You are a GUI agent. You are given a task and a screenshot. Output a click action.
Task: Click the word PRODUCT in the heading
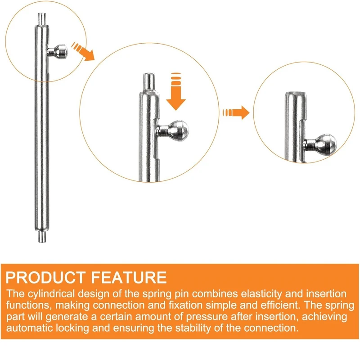45,277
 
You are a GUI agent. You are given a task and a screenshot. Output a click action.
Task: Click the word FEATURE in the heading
129,277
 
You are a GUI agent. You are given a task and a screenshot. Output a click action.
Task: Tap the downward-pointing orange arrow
176,91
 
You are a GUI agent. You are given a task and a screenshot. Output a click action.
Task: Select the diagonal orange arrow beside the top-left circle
83,51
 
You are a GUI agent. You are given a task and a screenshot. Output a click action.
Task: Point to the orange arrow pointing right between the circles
236,112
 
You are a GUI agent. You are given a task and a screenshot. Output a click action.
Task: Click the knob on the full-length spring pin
58,51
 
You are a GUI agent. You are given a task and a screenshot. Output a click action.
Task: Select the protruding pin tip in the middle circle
149,81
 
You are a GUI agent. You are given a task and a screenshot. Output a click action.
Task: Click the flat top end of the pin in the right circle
296,94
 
